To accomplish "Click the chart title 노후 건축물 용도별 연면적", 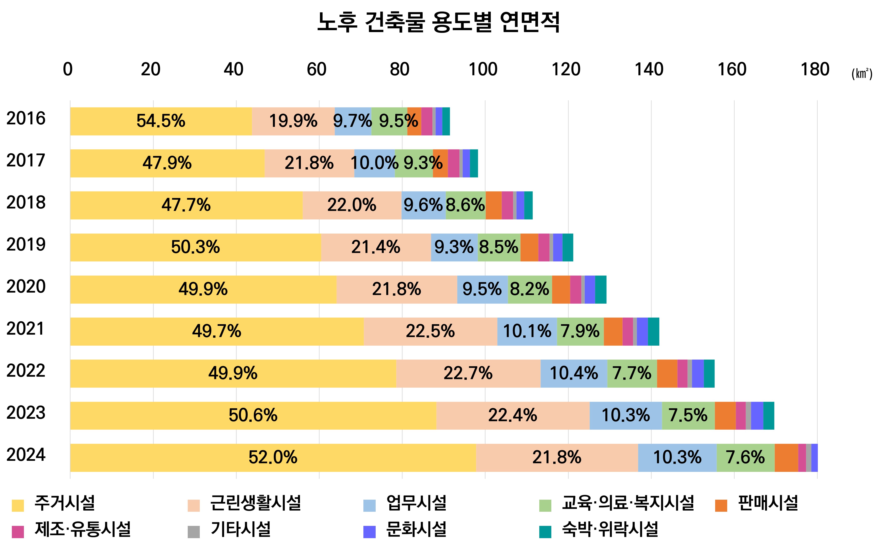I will click(x=439, y=22).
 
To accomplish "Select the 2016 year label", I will click(x=26, y=119).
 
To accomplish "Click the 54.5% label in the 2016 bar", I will click(x=161, y=121).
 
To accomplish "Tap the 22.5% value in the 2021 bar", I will click(x=430, y=331).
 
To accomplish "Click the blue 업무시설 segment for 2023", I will click(x=626, y=415).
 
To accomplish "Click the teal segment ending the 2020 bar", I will click(x=601, y=289).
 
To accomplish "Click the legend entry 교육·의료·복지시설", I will click(x=628, y=503).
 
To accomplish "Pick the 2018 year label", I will click(x=26, y=203).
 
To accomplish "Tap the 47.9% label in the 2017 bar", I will click(x=167, y=163).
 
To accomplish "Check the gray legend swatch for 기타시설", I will click(x=194, y=531).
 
